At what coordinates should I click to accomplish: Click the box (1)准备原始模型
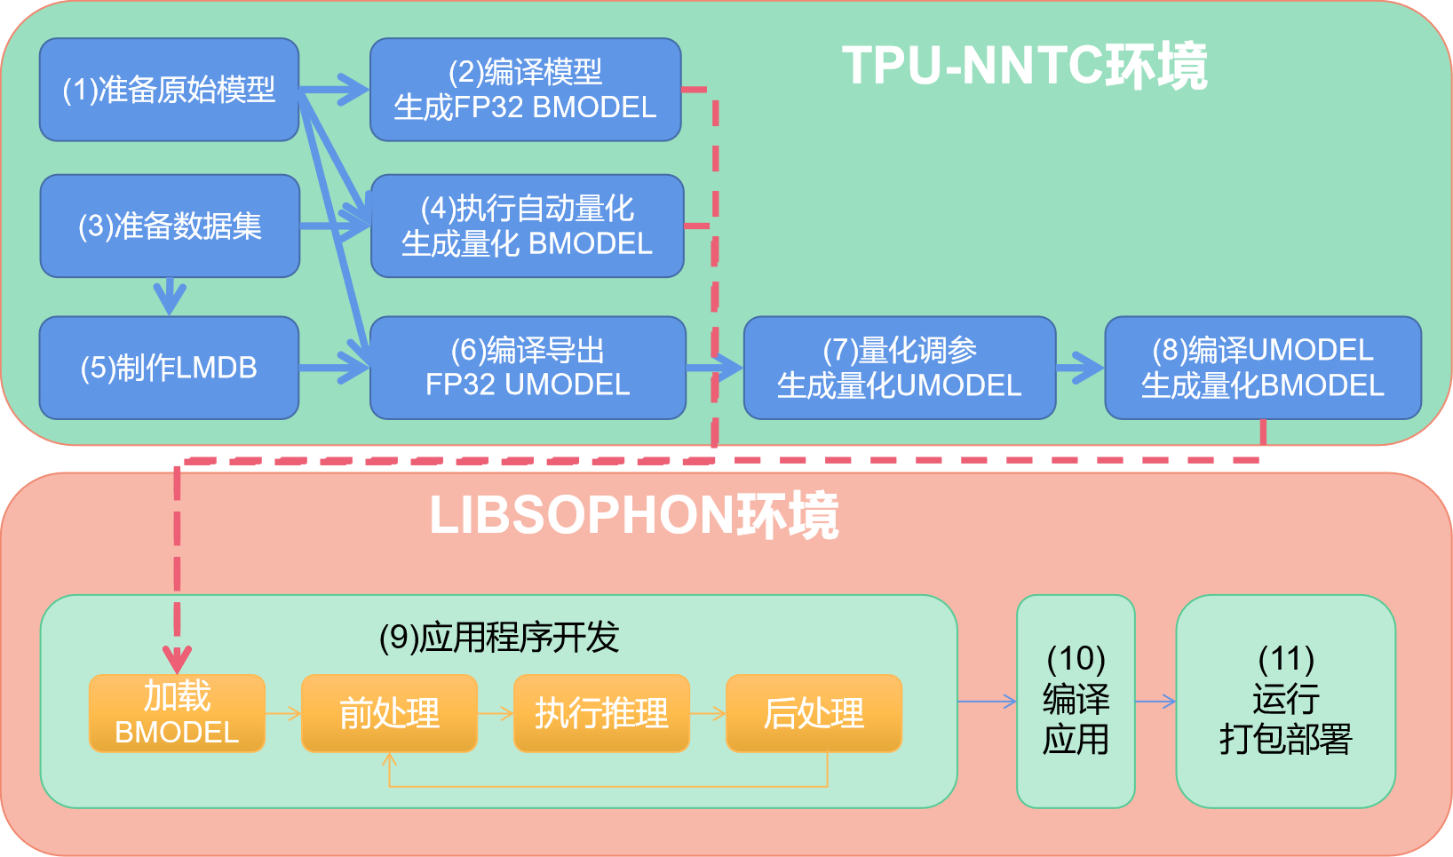169,90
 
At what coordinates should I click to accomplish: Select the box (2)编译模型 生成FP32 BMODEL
525,90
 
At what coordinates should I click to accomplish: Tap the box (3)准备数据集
170,226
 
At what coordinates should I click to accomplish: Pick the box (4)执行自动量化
527,226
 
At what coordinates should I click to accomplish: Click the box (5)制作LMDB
169,368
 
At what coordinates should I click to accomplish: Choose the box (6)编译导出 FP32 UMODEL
528,368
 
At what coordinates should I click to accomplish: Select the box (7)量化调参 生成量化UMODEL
899,368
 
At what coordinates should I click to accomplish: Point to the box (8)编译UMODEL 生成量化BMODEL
1262,368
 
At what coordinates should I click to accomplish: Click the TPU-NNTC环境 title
1025,66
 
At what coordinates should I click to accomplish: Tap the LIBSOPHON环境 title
634,515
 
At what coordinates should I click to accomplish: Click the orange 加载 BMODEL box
177,713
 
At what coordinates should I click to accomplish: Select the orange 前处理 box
389,713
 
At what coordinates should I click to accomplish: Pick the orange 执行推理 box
601,713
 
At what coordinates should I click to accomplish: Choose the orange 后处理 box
814,713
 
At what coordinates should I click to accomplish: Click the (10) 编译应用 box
1076,702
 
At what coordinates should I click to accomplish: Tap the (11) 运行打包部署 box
1285,702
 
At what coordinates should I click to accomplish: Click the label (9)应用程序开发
498,638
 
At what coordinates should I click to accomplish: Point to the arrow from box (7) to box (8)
1080,368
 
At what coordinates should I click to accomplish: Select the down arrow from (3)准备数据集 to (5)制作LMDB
170,297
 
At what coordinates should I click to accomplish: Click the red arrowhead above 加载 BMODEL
178,661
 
